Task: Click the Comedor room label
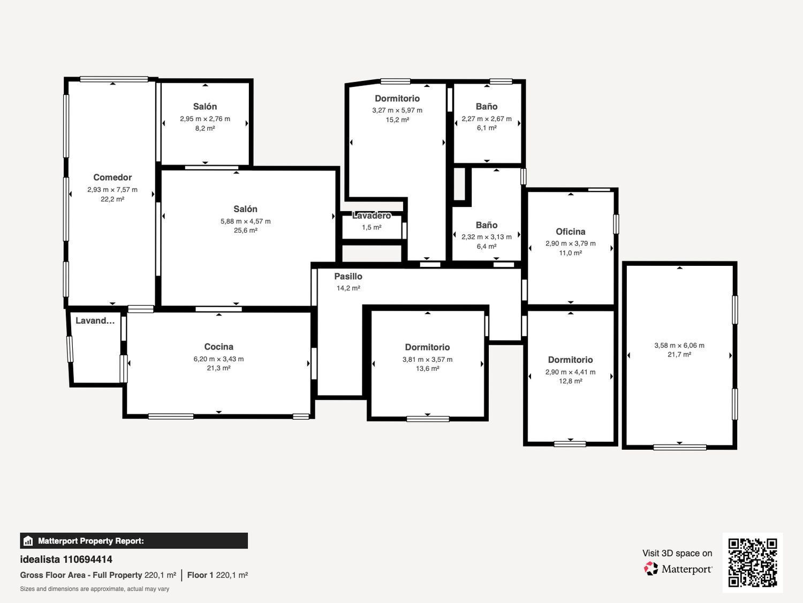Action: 112,177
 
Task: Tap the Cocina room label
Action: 219,347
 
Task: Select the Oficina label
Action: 570,232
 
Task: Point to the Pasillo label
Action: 349,277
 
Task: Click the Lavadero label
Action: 372,215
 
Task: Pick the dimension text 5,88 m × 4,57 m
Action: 246,221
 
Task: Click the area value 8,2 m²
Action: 205,128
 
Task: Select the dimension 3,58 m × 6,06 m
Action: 679,345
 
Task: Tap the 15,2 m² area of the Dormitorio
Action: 397,120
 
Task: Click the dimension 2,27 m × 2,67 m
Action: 487,118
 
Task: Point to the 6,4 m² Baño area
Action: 487,247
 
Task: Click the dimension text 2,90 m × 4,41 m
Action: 570,372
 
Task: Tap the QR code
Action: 753,563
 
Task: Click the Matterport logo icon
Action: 651,569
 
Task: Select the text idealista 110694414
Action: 66,560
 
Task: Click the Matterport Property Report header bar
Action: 134,541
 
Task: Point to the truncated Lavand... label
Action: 95,321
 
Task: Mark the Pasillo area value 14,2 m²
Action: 349,288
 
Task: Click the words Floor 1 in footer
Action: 200,575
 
